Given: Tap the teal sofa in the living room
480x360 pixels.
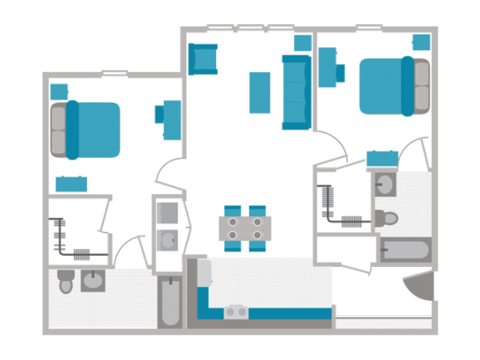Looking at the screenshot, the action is [x=296, y=91].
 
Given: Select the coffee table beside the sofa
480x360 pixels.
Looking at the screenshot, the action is [x=259, y=91].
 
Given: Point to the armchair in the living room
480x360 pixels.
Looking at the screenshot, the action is [x=202, y=58].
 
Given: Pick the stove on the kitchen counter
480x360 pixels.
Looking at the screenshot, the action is [x=236, y=311].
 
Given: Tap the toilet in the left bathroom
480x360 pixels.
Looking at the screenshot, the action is [x=66, y=282].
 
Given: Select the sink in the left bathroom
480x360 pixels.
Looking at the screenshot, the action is [x=94, y=282].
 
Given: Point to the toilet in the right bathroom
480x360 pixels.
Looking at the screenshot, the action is [x=385, y=218].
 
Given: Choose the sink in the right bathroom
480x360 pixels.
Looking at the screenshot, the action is [x=385, y=184].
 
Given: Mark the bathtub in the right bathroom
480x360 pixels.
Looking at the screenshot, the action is [x=405, y=250].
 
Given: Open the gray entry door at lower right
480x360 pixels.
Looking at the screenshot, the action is [x=420, y=286].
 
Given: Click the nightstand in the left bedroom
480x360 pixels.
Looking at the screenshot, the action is [x=58, y=91].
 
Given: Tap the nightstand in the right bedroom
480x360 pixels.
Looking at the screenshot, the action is [x=421, y=43].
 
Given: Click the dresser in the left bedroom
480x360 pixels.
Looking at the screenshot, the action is [x=71, y=184].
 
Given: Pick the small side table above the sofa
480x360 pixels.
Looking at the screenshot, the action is [x=302, y=43].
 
